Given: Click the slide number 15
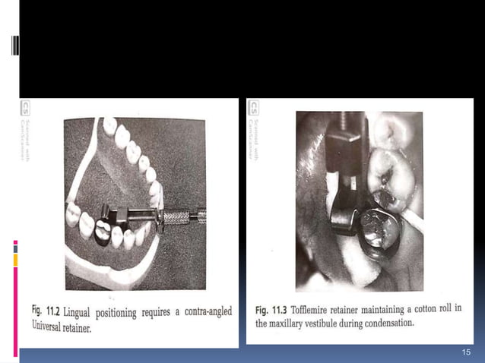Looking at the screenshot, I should click(467, 353).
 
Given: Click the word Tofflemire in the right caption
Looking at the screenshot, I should click(321, 309).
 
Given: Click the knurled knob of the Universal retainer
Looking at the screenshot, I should click(180, 217).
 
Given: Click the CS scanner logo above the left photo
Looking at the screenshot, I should click(27, 108).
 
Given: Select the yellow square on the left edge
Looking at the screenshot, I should click(15, 260).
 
